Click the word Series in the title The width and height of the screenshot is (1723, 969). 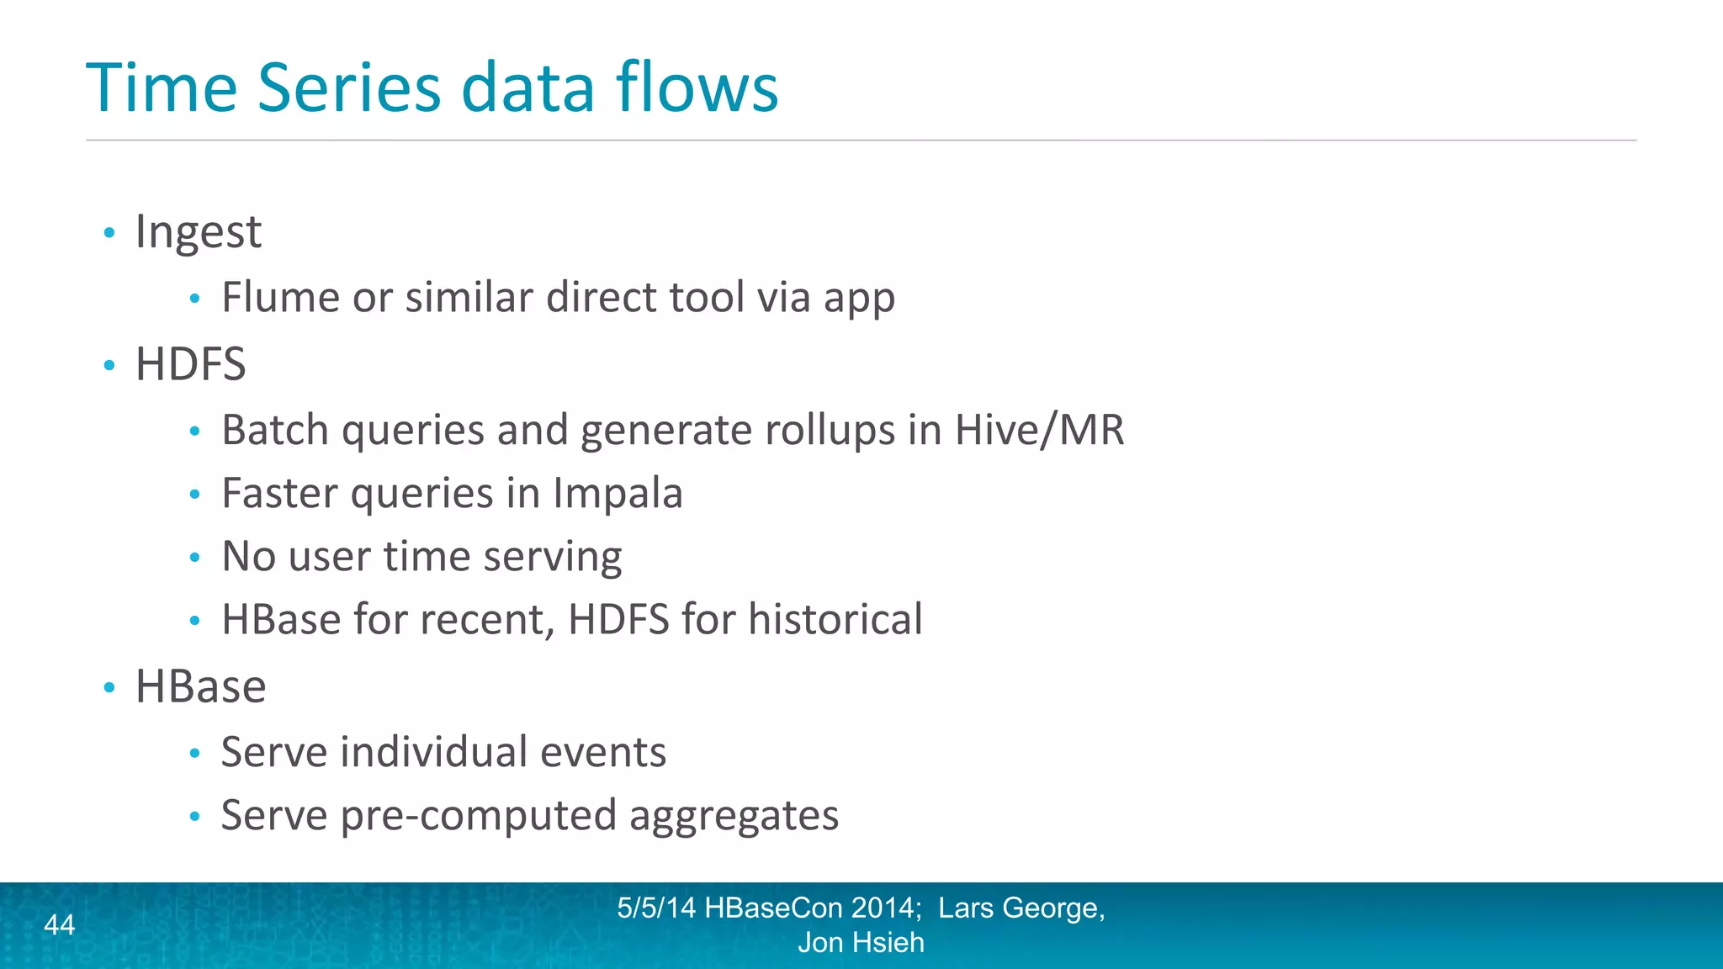click(x=348, y=87)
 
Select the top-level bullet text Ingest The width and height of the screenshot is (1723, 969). click(x=199, y=232)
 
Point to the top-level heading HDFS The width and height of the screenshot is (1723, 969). click(x=191, y=365)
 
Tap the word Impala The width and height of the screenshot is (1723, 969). click(x=618, y=494)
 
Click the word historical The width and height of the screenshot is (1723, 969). click(x=835, y=620)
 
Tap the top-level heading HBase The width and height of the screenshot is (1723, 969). click(x=201, y=687)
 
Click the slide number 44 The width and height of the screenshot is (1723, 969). click(x=59, y=925)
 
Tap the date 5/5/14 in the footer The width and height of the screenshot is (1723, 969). click(x=656, y=908)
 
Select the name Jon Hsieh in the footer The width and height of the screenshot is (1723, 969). click(x=861, y=943)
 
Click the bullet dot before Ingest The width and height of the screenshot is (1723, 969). click(x=109, y=233)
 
